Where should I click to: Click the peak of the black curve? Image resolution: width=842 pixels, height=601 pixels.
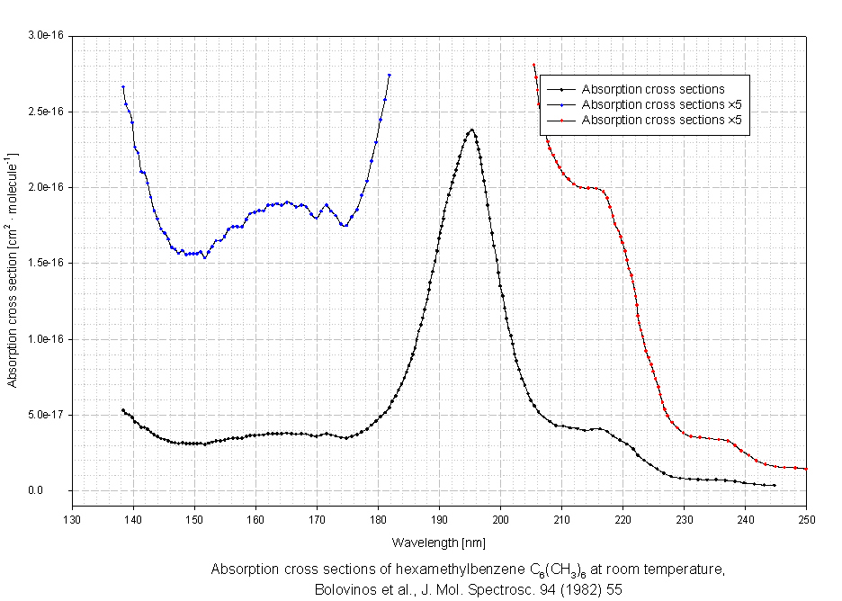471,130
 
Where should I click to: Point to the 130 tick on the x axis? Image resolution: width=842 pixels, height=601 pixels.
73,519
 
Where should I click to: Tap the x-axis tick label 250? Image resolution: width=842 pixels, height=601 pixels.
807,519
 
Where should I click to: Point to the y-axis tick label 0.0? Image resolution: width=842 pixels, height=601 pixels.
57,490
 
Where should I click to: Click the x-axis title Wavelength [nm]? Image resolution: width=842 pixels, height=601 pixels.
440,543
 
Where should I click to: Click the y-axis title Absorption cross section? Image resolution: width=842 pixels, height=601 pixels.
13,270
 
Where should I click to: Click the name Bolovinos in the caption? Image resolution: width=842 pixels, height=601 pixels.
341,590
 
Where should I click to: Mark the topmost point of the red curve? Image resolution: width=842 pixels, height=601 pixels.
534,65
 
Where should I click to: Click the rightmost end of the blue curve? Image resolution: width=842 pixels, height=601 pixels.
390,75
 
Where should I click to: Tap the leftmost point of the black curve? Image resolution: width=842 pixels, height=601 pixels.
122,410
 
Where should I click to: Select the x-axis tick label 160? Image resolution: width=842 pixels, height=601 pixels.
256,519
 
